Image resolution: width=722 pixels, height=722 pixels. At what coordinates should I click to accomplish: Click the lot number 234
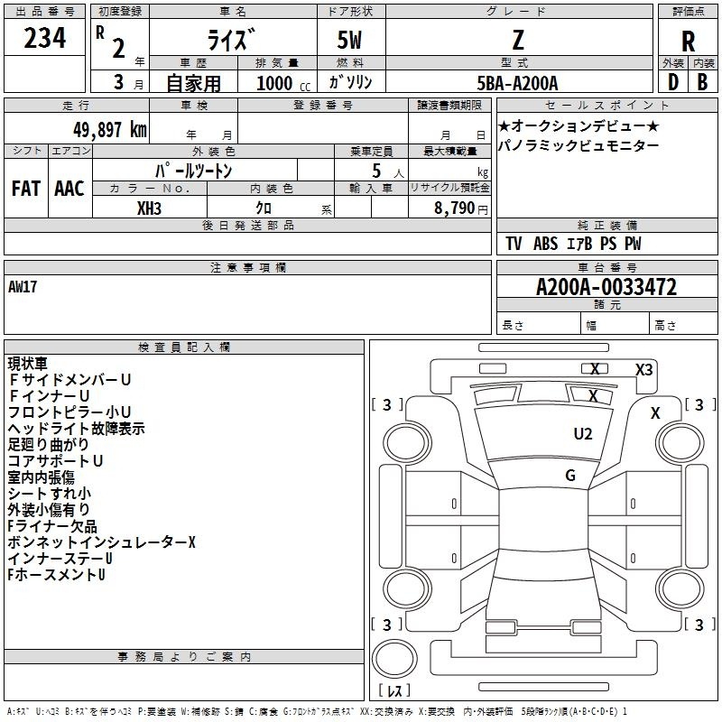[x=44, y=38]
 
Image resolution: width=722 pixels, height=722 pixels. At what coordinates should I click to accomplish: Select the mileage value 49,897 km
[x=110, y=130]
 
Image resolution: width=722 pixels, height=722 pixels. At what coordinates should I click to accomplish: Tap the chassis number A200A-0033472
[x=606, y=287]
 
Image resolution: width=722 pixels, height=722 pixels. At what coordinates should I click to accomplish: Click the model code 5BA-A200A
[x=517, y=83]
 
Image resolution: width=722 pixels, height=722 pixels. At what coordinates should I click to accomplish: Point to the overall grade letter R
[x=688, y=42]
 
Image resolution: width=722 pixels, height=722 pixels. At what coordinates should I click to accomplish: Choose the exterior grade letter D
[x=673, y=82]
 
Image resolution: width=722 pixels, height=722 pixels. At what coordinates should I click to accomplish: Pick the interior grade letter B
[x=702, y=82]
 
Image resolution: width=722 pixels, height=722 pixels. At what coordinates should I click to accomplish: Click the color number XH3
[x=149, y=208]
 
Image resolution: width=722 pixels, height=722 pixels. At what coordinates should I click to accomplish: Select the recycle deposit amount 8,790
[x=455, y=208]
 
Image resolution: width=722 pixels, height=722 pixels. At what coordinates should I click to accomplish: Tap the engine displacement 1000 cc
[x=283, y=83]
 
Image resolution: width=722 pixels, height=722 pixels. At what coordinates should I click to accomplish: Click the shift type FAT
[x=26, y=189]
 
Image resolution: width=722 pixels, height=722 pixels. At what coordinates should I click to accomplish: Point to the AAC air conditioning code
[x=69, y=189]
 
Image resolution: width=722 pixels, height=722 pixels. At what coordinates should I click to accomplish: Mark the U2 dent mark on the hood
[x=583, y=433]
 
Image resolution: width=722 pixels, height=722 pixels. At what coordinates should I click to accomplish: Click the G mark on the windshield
[x=570, y=475]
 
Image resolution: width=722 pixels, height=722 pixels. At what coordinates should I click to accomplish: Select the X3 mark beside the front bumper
[x=644, y=370]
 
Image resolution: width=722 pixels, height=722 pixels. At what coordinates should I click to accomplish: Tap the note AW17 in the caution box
[x=23, y=287]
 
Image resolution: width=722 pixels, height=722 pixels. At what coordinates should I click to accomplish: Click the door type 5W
[x=349, y=40]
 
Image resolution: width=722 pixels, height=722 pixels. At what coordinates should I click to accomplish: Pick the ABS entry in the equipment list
[x=546, y=244]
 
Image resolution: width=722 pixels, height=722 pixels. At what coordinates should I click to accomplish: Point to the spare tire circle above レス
[x=394, y=659]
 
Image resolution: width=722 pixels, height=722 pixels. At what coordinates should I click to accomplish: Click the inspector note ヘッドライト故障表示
[x=77, y=428]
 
